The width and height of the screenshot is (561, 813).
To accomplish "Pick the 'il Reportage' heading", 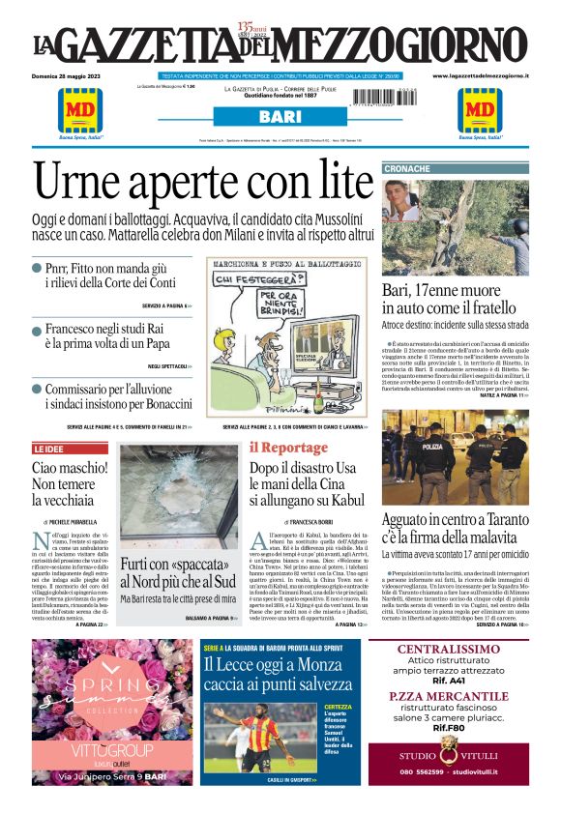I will click(x=288, y=448).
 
